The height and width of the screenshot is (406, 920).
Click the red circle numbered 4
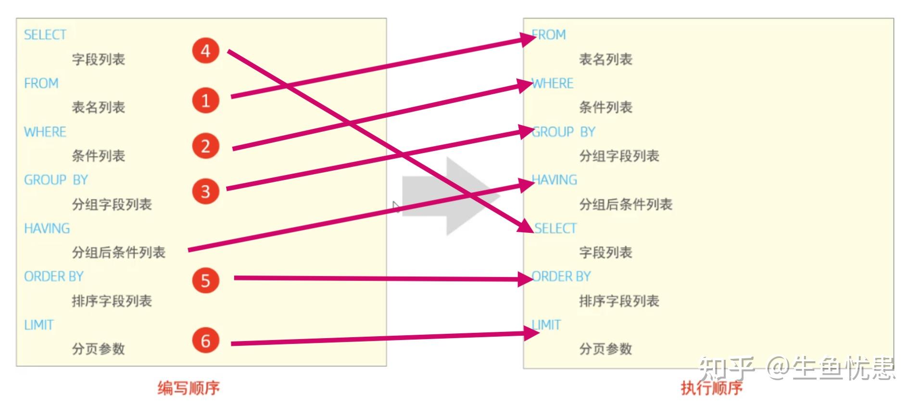(205, 51)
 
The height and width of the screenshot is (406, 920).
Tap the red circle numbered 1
(205, 100)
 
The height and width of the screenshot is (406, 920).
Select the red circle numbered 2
(205, 146)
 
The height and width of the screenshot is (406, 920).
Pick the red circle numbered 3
(205, 191)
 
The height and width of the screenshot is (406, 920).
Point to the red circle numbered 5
(205, 280)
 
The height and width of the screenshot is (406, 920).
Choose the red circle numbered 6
(205, 341)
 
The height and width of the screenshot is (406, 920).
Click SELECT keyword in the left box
(45, 35)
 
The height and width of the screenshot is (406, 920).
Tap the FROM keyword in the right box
(549, 35)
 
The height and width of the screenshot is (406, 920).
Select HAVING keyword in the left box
(47, 228)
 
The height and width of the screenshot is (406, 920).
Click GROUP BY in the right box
(564, 132)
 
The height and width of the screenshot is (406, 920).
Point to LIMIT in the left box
(38, 325)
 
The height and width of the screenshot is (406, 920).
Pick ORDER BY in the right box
(562, 277)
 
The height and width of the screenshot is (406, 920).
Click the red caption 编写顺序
(189, 388)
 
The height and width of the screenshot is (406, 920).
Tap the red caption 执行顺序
(711, 388)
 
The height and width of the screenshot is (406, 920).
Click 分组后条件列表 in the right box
(625, 204)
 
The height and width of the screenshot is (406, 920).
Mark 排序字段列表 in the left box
(112, 301)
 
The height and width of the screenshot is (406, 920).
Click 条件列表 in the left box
(99, 156)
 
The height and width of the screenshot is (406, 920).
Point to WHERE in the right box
(553, 83)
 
